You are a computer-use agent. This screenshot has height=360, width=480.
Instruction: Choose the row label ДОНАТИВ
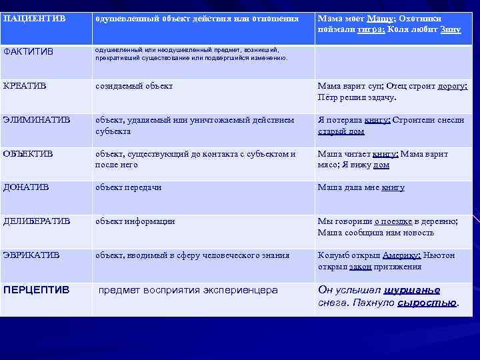tap(25, 187)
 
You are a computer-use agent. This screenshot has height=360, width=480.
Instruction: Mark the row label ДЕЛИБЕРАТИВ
tap(36, 221)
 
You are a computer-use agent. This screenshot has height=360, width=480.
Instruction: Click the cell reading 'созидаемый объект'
tap(134, 86)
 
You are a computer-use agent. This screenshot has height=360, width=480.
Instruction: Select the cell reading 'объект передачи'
tap(128, 187)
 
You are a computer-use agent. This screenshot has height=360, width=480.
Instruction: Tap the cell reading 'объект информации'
tap(135, 221)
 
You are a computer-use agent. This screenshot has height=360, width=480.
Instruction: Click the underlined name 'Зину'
tap(450, 31)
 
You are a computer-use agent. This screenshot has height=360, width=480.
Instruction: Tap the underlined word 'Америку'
tap(399, 255)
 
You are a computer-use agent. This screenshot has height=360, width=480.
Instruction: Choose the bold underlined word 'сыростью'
tap(427, 303)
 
